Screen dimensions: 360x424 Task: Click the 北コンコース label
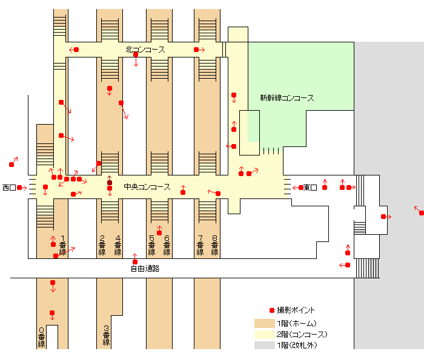click(x=145, y=50)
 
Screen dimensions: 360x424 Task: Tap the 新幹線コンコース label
click(x=287, y=98)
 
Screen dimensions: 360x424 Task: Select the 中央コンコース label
click(x=147, y=187)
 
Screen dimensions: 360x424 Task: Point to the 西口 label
click(x=8, y=188)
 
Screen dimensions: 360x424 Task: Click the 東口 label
click(x=311, y=188)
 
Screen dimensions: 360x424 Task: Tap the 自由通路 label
click(x=145, y=268)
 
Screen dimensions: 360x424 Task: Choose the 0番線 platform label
click(x=42, y=338)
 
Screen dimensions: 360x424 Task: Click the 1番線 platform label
click(x=62, y=244)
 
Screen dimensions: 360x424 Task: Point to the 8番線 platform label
click(x=214, y=244)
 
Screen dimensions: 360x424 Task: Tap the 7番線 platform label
click(x=200, y=244)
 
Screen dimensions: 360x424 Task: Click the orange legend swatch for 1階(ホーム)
click(x=264, y=323)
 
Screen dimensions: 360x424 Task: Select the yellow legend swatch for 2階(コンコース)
click(x=264, y=334)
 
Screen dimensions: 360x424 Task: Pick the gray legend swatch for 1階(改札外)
click(x=264, y=345)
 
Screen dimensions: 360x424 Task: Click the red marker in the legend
click(x=271, y=310)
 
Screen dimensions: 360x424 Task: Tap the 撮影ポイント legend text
click(x=296, y=310)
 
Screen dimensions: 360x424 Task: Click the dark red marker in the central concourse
click(x=110, y=182)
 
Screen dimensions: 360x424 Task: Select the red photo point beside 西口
click(x=19, y=188)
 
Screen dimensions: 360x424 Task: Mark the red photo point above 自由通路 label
click(x=134, y=262)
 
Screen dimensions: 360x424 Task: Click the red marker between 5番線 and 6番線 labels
click(x=159, y=234)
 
